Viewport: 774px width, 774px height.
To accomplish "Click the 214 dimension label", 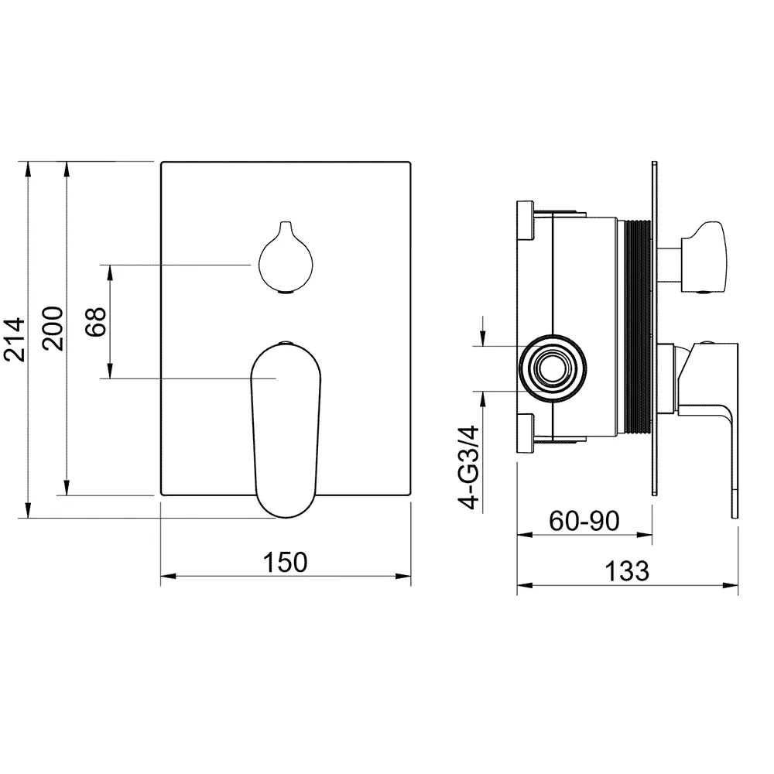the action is [14, 340].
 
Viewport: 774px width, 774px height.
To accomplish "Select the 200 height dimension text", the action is [53, 329].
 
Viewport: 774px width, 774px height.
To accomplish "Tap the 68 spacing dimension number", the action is [96, 322].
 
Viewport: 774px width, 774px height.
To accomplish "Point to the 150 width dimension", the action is [286, 562].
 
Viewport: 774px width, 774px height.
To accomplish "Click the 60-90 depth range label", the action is [584, 520].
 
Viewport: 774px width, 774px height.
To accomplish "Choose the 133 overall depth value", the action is [627, 571].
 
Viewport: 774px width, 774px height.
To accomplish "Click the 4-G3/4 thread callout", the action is [469, 467].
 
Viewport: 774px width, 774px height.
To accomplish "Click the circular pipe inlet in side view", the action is [553, 368].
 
